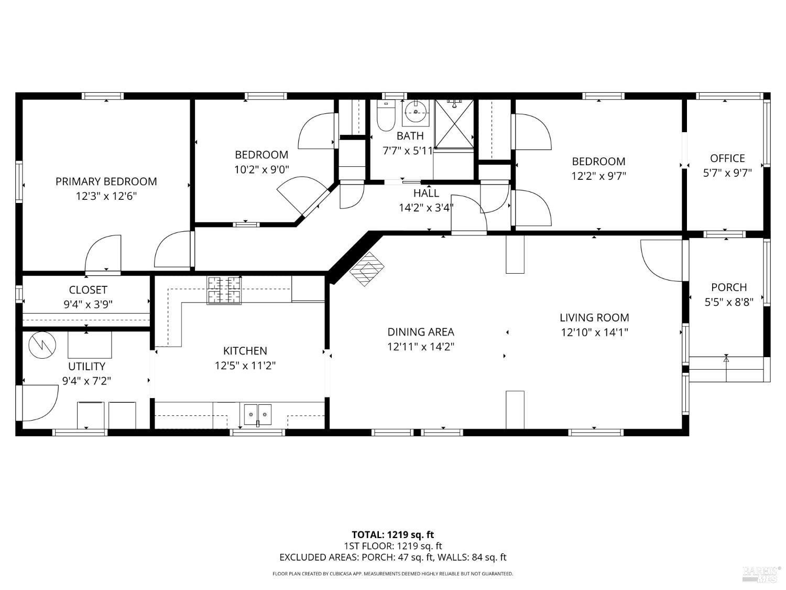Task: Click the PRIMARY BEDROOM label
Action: (106, 181)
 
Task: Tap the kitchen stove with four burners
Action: (224, 290)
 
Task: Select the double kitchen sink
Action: (258, 414)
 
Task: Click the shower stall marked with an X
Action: (454, 123)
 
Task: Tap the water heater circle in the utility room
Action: (41, 345)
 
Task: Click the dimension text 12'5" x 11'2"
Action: (245, 366)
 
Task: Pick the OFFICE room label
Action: (727, 158)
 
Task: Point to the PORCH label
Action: (729, 287)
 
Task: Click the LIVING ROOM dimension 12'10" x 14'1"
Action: (594, 332)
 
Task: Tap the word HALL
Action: (426, 193)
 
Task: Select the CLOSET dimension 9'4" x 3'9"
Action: (88, 304)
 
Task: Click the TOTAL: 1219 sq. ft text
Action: (392, 535)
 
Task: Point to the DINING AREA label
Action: (421, 332)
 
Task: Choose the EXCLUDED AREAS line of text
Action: (392, 557)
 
